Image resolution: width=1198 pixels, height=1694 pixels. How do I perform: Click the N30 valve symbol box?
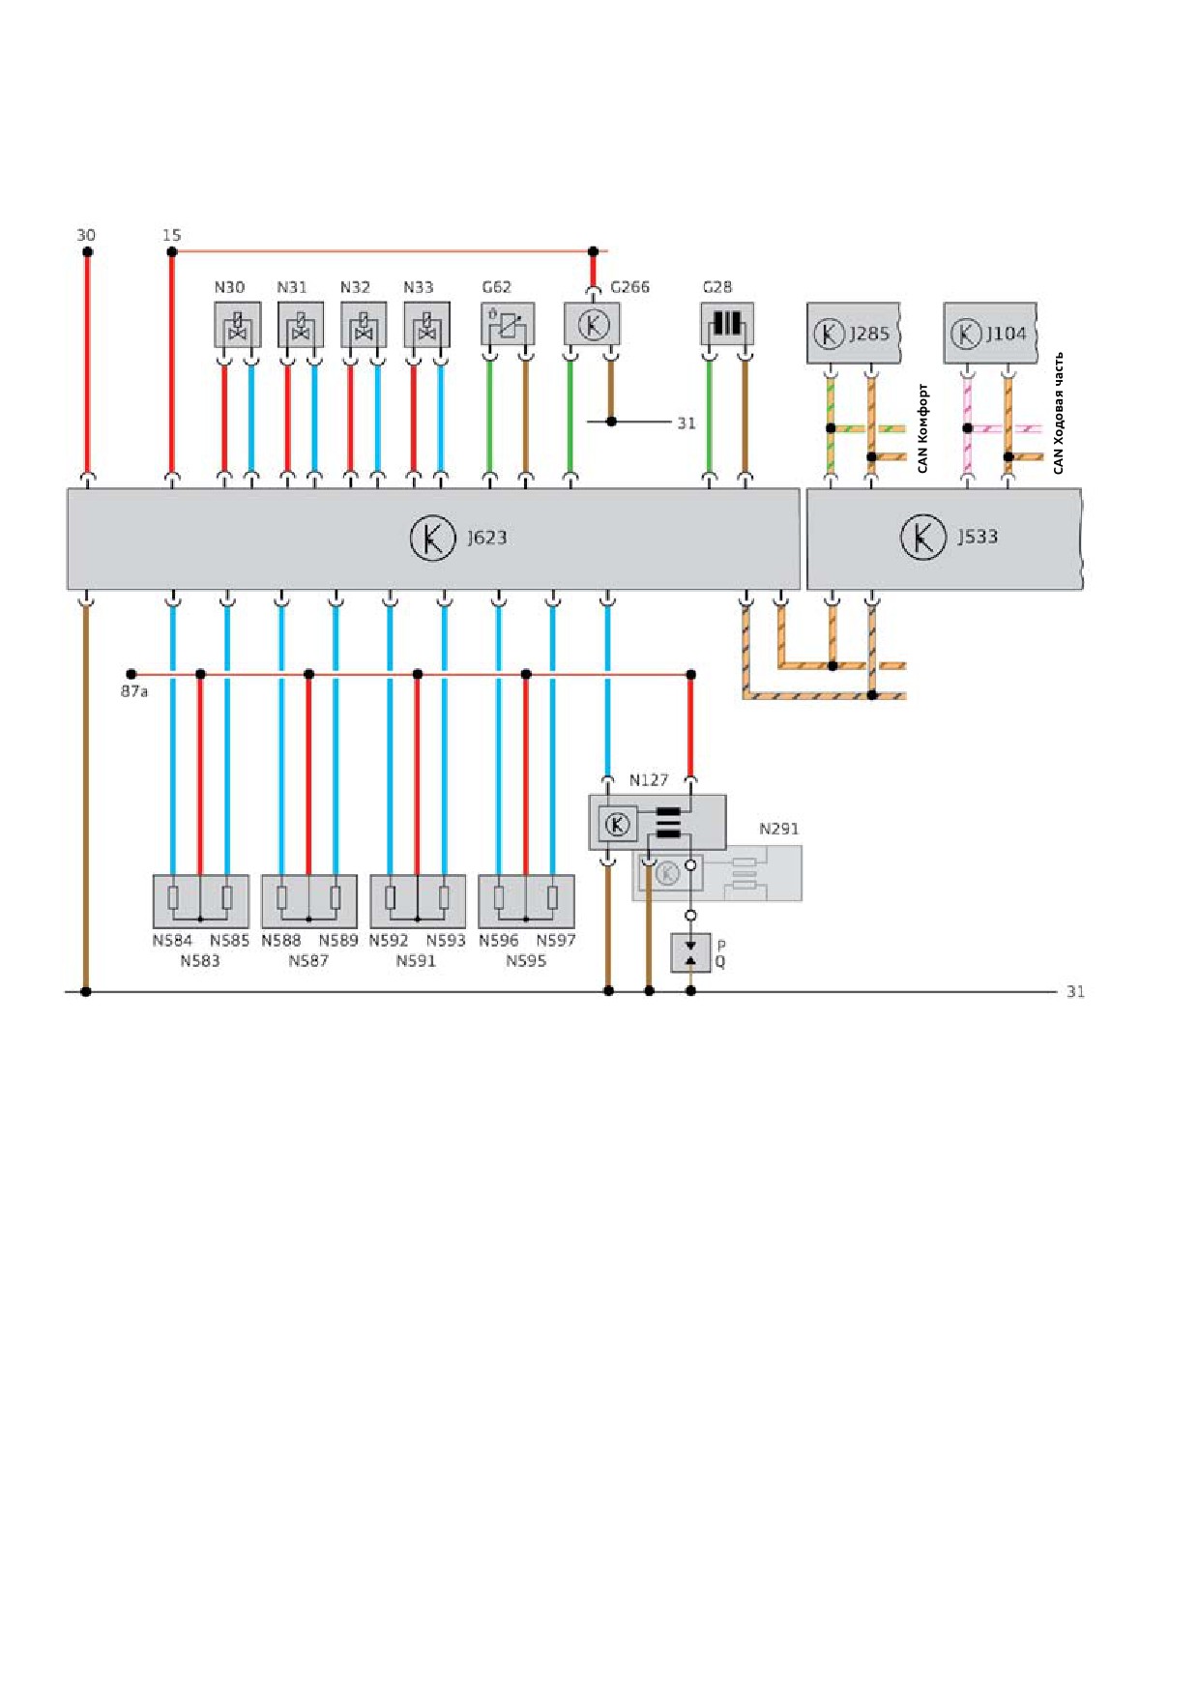click(x=237, y=325)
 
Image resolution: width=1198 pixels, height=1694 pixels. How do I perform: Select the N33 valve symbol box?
click(x=426, y=325)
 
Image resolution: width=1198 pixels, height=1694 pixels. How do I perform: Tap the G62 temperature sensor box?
click(x=508, y=324)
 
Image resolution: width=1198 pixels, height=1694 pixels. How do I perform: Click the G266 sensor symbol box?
click(x=593, y=324)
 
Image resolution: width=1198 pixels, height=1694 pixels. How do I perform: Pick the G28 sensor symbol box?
click(x=727, y=324)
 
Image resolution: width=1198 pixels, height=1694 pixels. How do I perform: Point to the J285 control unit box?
click(x=854, y=333)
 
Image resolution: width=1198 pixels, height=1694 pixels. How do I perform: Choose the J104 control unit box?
click(x=990, y=333)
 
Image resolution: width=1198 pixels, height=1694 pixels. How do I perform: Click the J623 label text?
click(x=487, y=538)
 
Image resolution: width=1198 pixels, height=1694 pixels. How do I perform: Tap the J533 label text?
click(x=978, y=537)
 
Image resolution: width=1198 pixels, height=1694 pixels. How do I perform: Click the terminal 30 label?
click(x=86, y=235)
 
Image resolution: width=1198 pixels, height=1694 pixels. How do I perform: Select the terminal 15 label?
click(x=171, y=235)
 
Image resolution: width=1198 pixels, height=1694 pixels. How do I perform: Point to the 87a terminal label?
click(x=134, y=691)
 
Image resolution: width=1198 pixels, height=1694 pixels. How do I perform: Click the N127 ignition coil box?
click(x=657, y=823)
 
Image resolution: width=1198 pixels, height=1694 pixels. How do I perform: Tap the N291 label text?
click(x=779, y=829)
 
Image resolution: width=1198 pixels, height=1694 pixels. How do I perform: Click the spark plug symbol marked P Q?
click(x=690, y=952)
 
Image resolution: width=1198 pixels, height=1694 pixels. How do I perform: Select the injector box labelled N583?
click(x=200, y=901)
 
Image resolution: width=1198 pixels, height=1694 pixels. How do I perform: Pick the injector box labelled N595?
click(x=526, y=901)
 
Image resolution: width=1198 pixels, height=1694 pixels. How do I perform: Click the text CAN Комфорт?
click(x=922, y=428)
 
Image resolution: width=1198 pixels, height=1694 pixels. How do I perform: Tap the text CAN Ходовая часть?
click(x=1058, y=413)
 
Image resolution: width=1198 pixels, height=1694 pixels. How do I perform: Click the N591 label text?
click(x=416, y=961)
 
